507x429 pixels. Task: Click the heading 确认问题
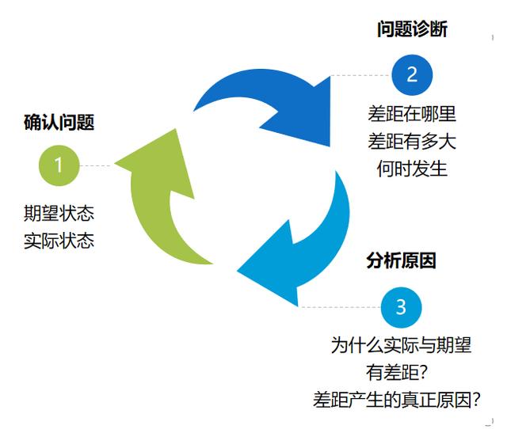click(x=59, y=123)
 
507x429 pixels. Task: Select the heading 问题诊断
click(x=412, y=30)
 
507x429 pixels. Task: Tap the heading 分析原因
click(x=401, y=260)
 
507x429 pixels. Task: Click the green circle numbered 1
click(x=59, y=165)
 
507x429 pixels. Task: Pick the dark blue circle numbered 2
click(x=412, y=75)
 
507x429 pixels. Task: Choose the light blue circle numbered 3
click(x=401, y=306)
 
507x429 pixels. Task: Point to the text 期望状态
click(x=59, y=214)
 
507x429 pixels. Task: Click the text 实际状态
click(x=59, y=241)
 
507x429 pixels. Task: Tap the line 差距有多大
click(x=412, y=142)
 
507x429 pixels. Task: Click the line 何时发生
click(x=412, y=169)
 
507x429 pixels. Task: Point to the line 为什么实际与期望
click(x=401, y=345)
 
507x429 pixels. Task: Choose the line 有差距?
click(x=401, y=372)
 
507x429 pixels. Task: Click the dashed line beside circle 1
click(x=97, y=165)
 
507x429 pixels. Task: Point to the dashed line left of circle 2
click(x=360, y=76)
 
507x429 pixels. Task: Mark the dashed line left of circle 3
click(x=341, y=307)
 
